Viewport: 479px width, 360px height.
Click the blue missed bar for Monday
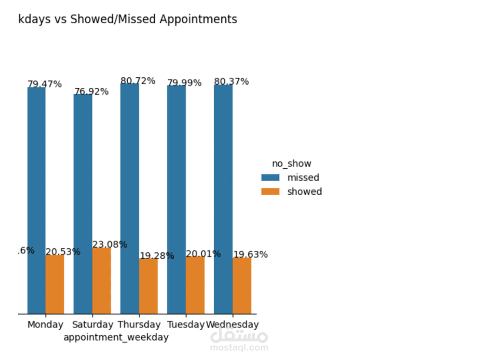[36, 200]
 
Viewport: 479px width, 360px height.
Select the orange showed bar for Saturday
[101, 281]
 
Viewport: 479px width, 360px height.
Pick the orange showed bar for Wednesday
[242, 285]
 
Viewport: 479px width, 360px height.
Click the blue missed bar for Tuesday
[176, 199]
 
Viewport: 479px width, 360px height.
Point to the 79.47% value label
[45, 84]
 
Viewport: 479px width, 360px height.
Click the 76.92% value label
[92, 92]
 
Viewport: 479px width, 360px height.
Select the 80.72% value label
[138, 81]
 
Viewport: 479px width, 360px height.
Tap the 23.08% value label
[110, 244]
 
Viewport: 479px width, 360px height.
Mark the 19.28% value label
[157, 255]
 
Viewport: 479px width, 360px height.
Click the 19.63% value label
[250, 255]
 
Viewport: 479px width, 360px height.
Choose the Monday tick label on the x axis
[45, 325]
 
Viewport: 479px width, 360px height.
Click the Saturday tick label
[92, 325]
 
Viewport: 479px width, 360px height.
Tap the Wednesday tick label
[232, 325]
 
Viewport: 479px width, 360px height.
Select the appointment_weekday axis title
[116, 337]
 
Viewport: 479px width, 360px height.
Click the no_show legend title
[291, 164]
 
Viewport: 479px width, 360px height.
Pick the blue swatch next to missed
[270, 177]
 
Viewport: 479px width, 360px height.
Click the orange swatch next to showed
[270, 191]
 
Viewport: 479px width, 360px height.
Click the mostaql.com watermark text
[239, 347]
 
